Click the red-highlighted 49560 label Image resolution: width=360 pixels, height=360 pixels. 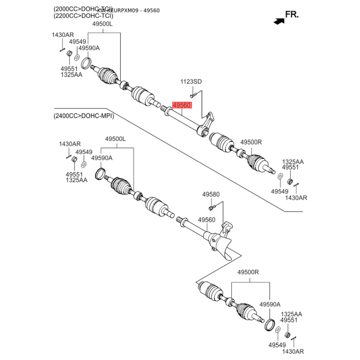tap(183, 105)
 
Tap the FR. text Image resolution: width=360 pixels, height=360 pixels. tap(292, 15)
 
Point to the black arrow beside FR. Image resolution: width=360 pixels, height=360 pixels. tap(279, 20)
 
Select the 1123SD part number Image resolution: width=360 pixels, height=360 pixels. tap(191, 82)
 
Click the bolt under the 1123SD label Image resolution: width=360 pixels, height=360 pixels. tap(192, 95)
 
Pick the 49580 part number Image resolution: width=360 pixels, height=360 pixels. tap(211, 194)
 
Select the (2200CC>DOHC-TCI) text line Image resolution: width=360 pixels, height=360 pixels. tap(83, 16)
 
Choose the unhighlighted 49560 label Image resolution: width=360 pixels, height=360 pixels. tap(207, 220)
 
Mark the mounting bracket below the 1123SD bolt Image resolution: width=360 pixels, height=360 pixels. tap(207, 124)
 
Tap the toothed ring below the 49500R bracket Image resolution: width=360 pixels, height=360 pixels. tap(269, 324)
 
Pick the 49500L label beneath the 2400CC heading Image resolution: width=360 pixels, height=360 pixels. tap(116, 139)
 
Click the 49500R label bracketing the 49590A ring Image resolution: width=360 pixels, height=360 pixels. tap(248, 273)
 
